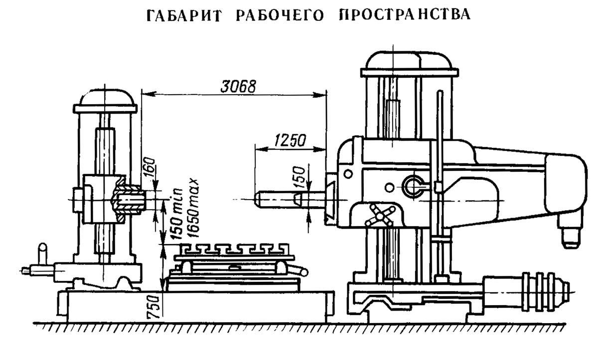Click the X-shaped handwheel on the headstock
click(381, 216)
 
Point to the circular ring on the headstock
click(414, 185)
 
